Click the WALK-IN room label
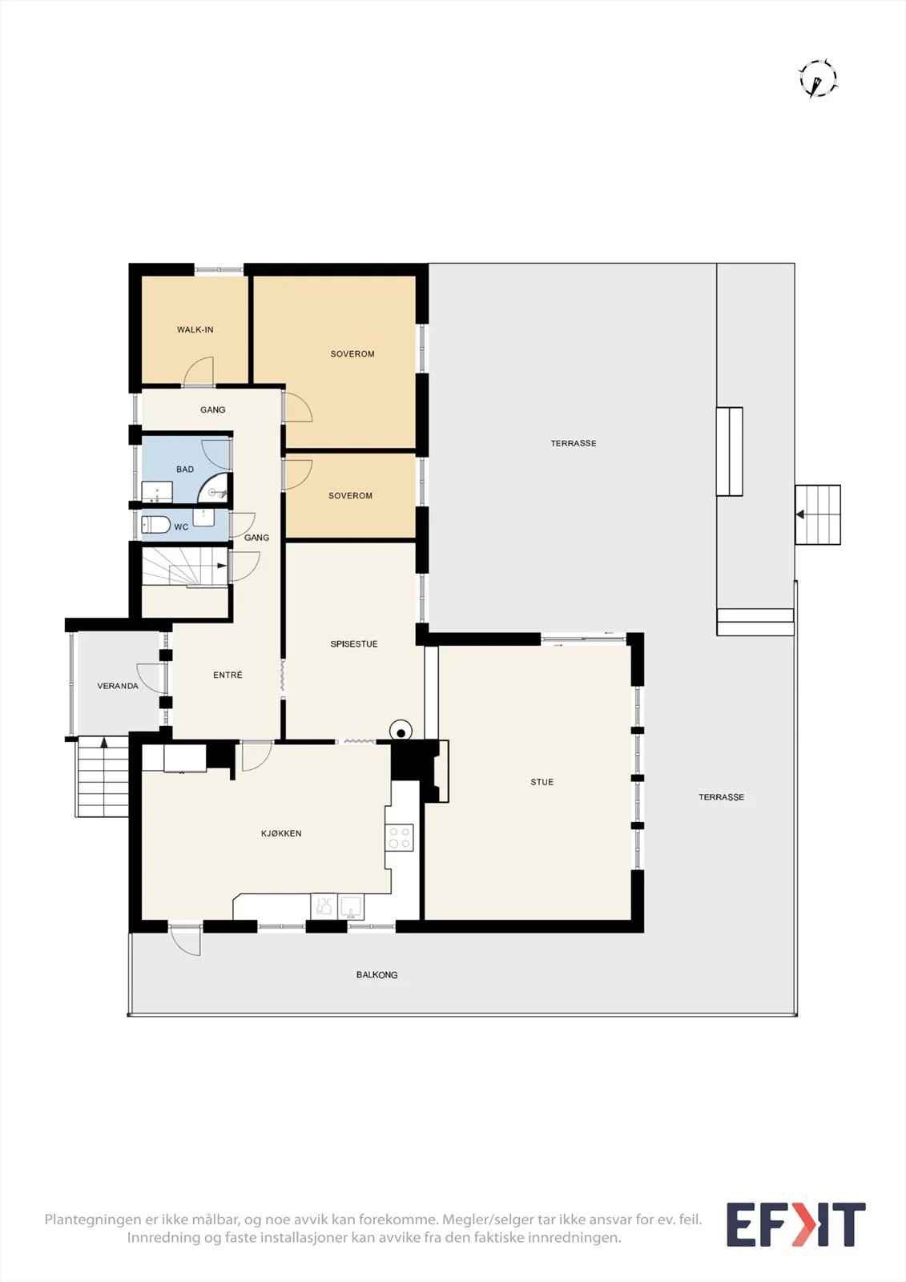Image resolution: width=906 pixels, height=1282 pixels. [195, 329]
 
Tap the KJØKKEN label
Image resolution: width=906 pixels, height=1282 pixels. [281, 833]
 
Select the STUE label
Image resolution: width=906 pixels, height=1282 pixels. [542, 782]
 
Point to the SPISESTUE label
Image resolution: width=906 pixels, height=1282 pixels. [354, 644]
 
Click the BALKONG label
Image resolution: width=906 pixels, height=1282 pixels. [376, 974]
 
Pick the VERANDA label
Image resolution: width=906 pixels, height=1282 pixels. [117, 686]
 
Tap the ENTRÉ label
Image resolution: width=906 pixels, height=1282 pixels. [228, 675]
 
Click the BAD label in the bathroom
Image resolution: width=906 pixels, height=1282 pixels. [185, 470]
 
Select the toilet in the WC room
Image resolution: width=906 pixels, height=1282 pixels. [155, 524]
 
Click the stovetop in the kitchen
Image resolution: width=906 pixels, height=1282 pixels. [400, 837]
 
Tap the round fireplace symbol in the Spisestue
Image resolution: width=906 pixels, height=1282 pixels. [401, 732]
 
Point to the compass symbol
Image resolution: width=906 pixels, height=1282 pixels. [818, 78]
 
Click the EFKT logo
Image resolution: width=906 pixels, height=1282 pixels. [795, 1224]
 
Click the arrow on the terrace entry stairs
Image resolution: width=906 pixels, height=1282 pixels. [800, 514]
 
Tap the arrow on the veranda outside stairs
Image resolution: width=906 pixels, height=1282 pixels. [104, 743]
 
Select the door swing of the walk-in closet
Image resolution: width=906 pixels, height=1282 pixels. [199, 371]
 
